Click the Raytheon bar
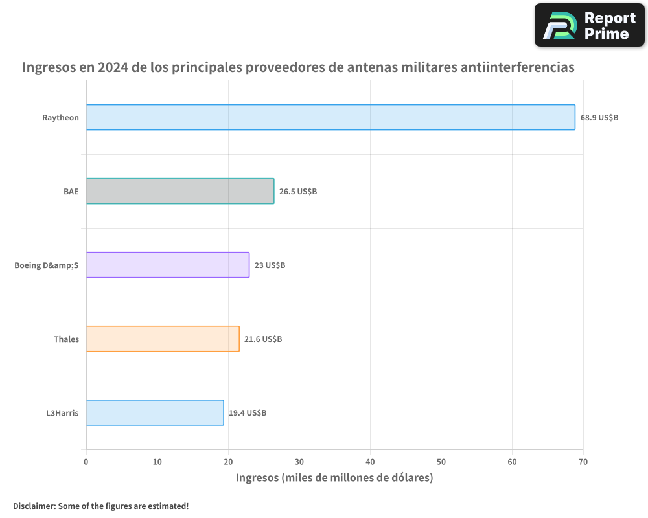click(x=330, y=117)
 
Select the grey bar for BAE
click(x=180, y=191)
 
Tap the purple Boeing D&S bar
click(x=167, y=265)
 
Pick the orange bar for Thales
click(x=163, y=339)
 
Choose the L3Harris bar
click(x=155, y=412)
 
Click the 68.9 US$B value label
click(x=599, y=118)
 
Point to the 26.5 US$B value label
click(x=298, y=192)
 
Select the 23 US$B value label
click(x=270, y=265)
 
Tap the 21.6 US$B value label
click(x=263, y=339)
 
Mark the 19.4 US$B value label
click(x=248, y=413)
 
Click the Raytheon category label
click(x=60, y=118)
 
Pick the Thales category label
click(x=66, y=339)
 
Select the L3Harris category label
click(x=62, y=413)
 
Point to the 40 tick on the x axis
click(x=370, y=462)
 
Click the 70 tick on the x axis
click(x=583, y=462)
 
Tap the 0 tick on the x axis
click(x=86, y=462)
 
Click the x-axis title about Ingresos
click(x=334, y=478)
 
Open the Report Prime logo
click(x=589, y=25)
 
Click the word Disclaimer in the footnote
click(x=33, y=506)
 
